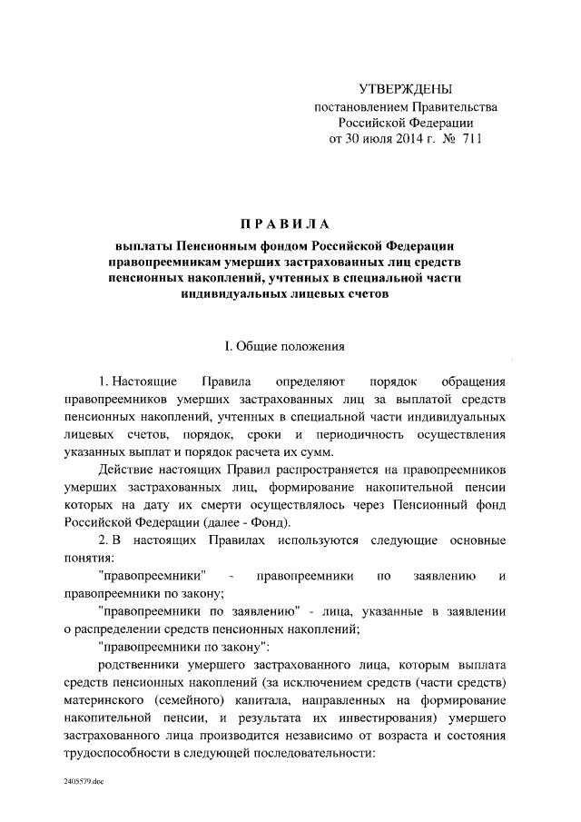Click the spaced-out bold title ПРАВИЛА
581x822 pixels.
click(x=285, y=224)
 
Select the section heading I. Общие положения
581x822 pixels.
click(x=285, y=346)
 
